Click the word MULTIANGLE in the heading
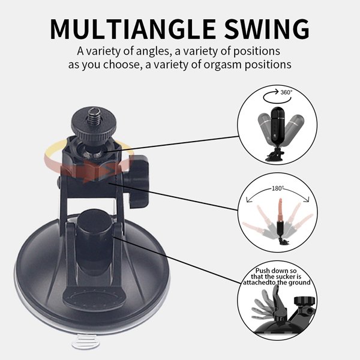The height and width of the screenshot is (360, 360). tap(133, 29)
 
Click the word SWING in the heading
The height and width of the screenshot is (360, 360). tap(267, 29)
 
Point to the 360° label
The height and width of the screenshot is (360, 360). tap(286, 92)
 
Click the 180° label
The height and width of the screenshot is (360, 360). tap(278, 188)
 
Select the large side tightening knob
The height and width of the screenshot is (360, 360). tap(138, 181)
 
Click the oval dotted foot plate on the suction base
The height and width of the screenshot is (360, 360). tap(94, 298)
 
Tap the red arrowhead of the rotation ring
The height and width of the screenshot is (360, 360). tap(107, 171)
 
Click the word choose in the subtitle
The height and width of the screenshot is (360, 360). tap(121, 65)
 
